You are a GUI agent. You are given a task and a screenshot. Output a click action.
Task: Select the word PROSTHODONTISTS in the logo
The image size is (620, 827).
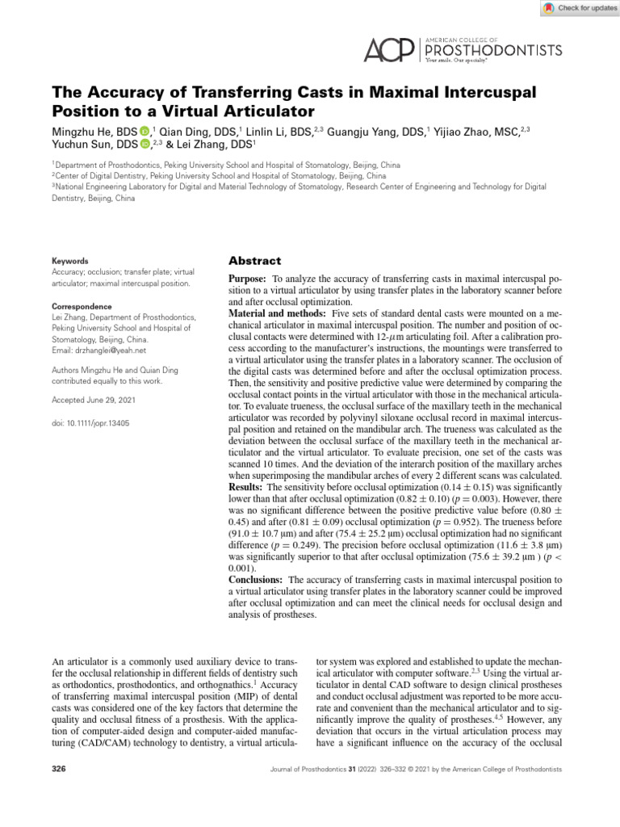coord(493,51)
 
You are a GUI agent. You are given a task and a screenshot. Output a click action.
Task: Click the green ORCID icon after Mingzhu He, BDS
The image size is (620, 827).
coord(144,131)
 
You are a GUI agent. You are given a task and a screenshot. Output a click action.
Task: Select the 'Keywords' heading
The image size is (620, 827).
coord(70,261)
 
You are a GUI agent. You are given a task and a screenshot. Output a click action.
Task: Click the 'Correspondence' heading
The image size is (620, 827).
coord(81,307)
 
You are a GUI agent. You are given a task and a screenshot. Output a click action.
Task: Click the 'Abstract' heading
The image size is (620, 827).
coord(255,261)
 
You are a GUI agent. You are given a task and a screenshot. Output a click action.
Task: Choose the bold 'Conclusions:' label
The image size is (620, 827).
coord(256,580)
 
